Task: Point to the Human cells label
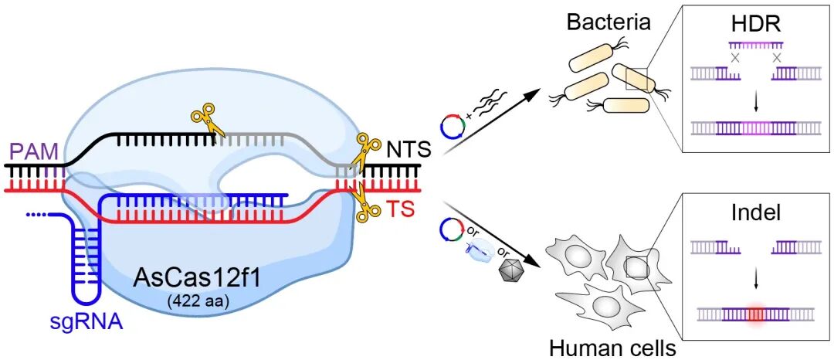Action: (612, 347)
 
